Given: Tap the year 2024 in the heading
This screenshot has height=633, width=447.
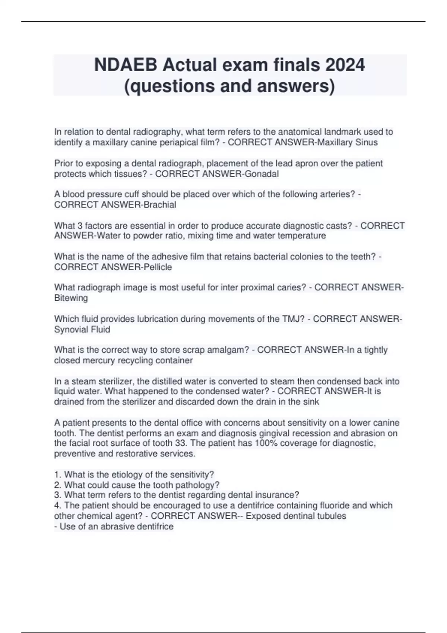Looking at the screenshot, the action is coord(345,65).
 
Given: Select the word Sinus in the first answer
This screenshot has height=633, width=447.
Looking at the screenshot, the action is coord(367,142).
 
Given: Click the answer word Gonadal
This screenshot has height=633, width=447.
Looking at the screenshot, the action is coord(262,174).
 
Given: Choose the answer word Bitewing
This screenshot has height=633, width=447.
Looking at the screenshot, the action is coord(71,298).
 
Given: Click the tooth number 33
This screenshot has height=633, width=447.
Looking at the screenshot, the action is coord(180,443).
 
